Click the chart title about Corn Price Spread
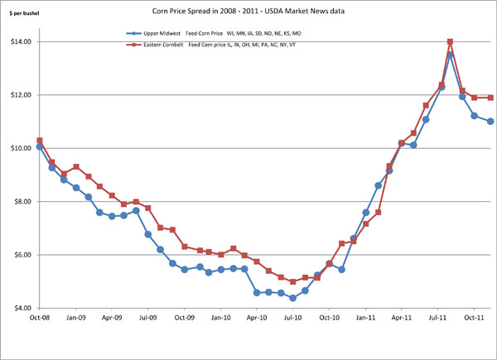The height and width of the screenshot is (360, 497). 248,11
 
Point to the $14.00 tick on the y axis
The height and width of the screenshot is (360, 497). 21,41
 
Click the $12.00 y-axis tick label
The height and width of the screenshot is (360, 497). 21,95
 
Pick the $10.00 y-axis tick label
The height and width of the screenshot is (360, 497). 21,148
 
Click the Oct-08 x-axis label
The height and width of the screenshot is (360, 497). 39,317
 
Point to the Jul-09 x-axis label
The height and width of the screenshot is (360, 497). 148,317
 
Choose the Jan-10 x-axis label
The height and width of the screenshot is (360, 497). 221,317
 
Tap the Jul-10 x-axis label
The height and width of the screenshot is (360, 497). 293,317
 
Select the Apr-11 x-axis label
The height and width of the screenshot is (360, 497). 403,317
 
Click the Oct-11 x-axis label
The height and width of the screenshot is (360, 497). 475,317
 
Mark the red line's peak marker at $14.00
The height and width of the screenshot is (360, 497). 450,42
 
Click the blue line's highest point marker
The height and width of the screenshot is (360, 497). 450,55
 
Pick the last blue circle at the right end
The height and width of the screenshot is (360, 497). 490,122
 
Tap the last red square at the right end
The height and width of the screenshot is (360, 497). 490,98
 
